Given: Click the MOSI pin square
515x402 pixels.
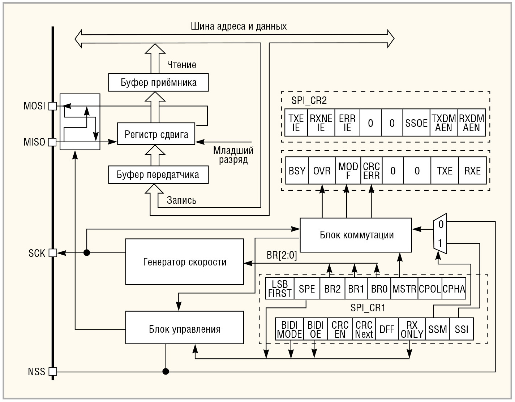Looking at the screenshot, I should [x=53, y=106].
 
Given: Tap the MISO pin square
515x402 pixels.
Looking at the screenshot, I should [x=53, y=142].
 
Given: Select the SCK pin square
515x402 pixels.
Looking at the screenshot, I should [x=53, y=253].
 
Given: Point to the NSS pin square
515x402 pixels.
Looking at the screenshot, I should [x=53, y=371].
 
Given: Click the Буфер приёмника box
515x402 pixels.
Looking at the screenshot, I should [x=158, y=82].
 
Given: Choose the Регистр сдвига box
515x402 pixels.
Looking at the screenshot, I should [x=156, y=134].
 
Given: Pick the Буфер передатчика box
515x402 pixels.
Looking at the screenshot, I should [x=158, y=175].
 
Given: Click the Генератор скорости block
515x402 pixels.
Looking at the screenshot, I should [x=185, y=262].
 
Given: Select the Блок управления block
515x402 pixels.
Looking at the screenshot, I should [x=185, y=329].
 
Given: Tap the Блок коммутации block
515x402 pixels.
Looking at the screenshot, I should [x=356, y=235].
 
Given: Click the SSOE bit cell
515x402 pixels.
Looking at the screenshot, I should [x=416, y=123].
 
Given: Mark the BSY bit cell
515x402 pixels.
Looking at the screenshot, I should [x=297, y=171].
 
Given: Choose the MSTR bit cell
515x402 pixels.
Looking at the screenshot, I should [x=404, y=289].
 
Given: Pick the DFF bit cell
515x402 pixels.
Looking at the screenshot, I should [x=387, y=329].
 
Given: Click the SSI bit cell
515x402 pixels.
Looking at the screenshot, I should [x=462, y=329].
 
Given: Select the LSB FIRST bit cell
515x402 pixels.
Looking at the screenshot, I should [x=280, y=289].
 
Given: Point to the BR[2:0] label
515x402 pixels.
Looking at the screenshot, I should [x=282, y=255].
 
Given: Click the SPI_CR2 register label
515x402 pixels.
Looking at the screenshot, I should [x=309, y=100].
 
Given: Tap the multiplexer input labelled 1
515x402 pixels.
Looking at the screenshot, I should [x=440, y=243].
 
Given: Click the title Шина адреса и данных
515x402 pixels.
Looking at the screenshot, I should [x=239, y=26].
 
